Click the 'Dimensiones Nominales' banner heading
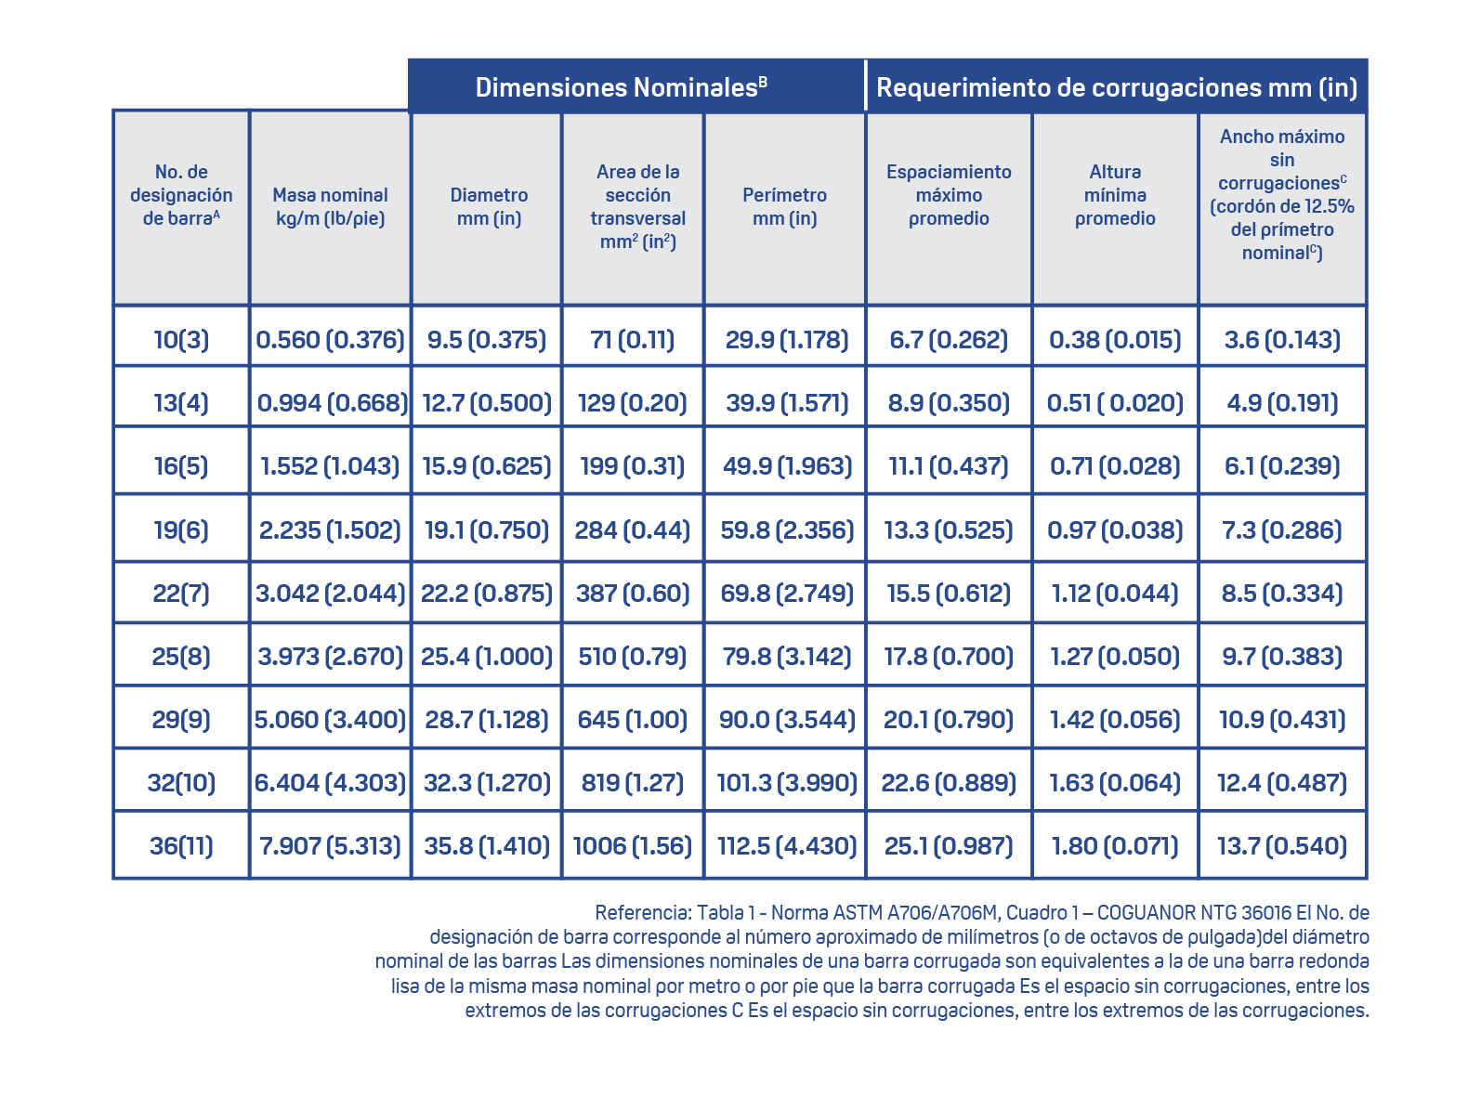(x=621, y=87)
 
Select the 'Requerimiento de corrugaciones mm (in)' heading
(x=1117, y=87)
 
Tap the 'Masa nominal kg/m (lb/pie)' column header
(x=330, y=206)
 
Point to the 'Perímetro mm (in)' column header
(x=784, y=206)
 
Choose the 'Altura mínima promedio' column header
(x=1115, y=195)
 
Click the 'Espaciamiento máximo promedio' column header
(x=949, y=195)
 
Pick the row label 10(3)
(x=181, y=339)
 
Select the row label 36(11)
(x=181, y=845)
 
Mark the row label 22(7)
(x=181, y=593)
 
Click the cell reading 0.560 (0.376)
(x=330, y=339)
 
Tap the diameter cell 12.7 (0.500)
(x=487, y=402)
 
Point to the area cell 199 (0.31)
(x=633, y=465)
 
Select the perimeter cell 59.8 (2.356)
(x=787, y=529)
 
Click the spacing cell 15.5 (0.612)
(x=949, y=593)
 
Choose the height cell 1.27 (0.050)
(x=1115, y=656)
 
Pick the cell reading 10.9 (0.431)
(x=1282, y=719)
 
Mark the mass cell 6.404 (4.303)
(x=330, y=782)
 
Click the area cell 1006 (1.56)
(x=633, y=845)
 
